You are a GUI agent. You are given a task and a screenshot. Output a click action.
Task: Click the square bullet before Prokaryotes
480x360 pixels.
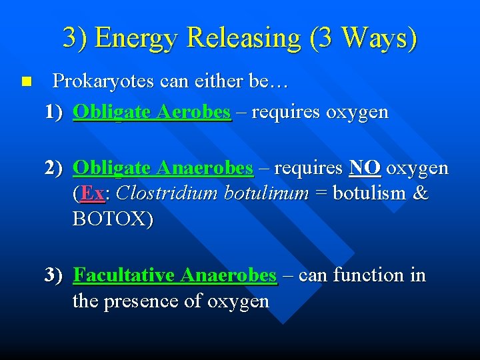pyautogui.click(x=25, y=82)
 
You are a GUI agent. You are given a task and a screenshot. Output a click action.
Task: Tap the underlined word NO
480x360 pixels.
pyautogui.click(x=365, y=168)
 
